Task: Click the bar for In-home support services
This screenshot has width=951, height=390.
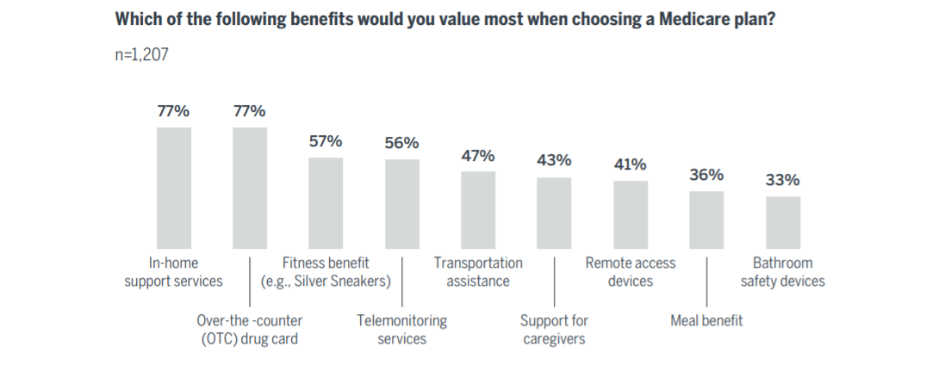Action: (x=173, y=187)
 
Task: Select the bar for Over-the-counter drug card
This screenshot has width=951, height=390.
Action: (x=250, y=187)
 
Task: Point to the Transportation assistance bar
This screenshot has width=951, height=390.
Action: (x=478, y=209)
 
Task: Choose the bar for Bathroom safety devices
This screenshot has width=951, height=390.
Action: (x=783, y=221)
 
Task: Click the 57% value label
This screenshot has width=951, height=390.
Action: (x=326, y=141)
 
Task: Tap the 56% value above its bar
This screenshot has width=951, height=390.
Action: (x=401, y=143)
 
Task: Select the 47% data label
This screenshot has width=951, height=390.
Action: (x=478, y=156)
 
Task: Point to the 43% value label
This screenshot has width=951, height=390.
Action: (x=554, y=160)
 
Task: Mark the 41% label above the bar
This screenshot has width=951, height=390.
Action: (x=630, y=164)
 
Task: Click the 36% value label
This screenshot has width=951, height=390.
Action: (x=706, y=175)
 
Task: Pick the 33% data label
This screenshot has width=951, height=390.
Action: (x=783, y=180)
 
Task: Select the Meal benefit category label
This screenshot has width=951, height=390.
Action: (x=706, y=321)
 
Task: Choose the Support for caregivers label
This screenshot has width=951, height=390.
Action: (x=554, y=330)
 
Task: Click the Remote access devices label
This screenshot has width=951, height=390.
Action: (x=631, y=272)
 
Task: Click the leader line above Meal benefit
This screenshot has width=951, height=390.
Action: (x=706, y=280)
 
